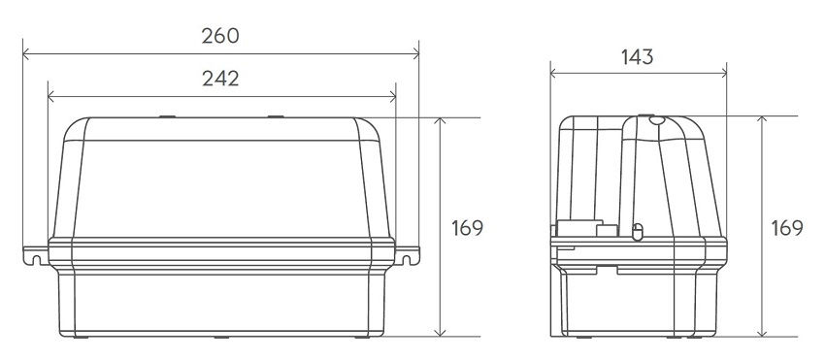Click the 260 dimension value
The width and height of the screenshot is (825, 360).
[220, 36]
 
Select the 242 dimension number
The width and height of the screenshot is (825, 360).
[220, 79]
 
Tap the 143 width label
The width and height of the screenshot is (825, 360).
[637, 57]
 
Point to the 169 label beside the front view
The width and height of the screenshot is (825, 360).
[467, 228]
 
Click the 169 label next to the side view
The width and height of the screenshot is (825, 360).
[787, 228]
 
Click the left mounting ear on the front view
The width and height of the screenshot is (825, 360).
[36, 255]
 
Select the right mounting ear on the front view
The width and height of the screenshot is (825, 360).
[408, 255]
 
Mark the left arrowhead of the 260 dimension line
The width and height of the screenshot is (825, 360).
[26, 53]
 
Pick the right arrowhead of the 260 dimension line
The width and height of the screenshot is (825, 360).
[415, 53]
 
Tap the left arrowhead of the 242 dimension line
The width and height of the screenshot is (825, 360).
[51, 96]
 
